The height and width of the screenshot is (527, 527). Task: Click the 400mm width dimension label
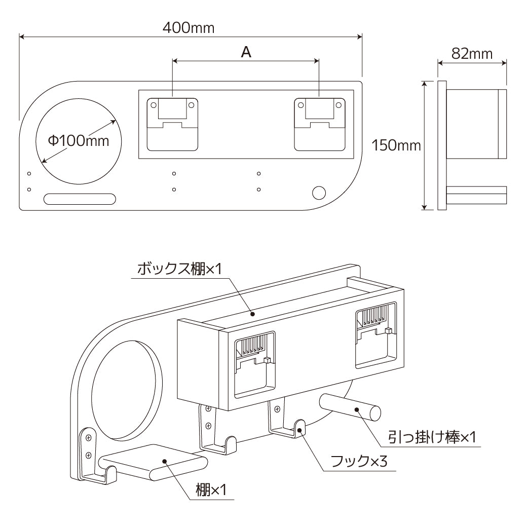189,28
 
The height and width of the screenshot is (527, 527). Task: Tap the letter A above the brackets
246,52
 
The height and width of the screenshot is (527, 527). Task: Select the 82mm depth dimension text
472,54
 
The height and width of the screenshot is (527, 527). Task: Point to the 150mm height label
396,146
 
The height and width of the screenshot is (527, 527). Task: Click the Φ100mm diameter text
79,140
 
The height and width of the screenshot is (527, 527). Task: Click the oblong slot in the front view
80,199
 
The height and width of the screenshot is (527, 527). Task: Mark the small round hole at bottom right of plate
319,193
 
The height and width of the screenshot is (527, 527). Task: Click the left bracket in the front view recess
172,124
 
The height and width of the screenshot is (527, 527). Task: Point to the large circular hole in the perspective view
127,388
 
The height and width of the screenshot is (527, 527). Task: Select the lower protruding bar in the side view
476,195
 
